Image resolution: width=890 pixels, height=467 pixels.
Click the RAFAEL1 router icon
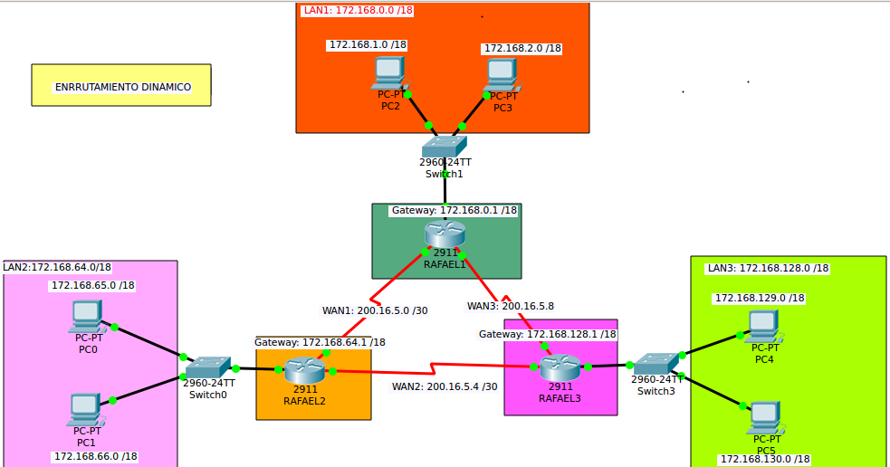[445, 233]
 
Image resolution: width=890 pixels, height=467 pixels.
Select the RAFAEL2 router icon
[305, 370]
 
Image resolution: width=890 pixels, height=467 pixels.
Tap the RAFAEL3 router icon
[560, 367]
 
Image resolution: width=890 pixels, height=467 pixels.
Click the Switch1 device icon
[445, 146]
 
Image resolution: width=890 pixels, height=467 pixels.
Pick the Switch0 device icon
[208, 367]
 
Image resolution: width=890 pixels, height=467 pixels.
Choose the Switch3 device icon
[656, 364]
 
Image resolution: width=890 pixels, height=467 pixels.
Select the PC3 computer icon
[502, 75]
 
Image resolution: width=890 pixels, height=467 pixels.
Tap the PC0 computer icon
[87, 317]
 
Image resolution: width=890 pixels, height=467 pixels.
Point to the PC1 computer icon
[86, 410]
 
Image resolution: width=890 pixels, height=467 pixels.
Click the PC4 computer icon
[762, 327]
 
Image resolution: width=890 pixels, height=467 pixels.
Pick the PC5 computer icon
[765, 418]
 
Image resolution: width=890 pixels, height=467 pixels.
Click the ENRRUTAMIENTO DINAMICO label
[123, 87]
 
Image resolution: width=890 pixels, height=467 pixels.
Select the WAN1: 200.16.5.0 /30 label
[375, 310]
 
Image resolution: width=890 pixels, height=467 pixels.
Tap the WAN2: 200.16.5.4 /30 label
[445, 386]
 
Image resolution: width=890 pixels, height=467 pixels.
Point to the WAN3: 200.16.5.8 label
[511, 306]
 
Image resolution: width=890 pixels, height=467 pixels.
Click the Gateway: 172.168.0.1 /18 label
[455, 210]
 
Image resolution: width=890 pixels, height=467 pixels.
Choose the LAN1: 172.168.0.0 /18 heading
[359, 10]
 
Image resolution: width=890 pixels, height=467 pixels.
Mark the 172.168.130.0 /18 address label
[765, 459]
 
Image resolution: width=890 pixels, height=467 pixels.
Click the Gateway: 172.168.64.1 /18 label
[320, 342]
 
